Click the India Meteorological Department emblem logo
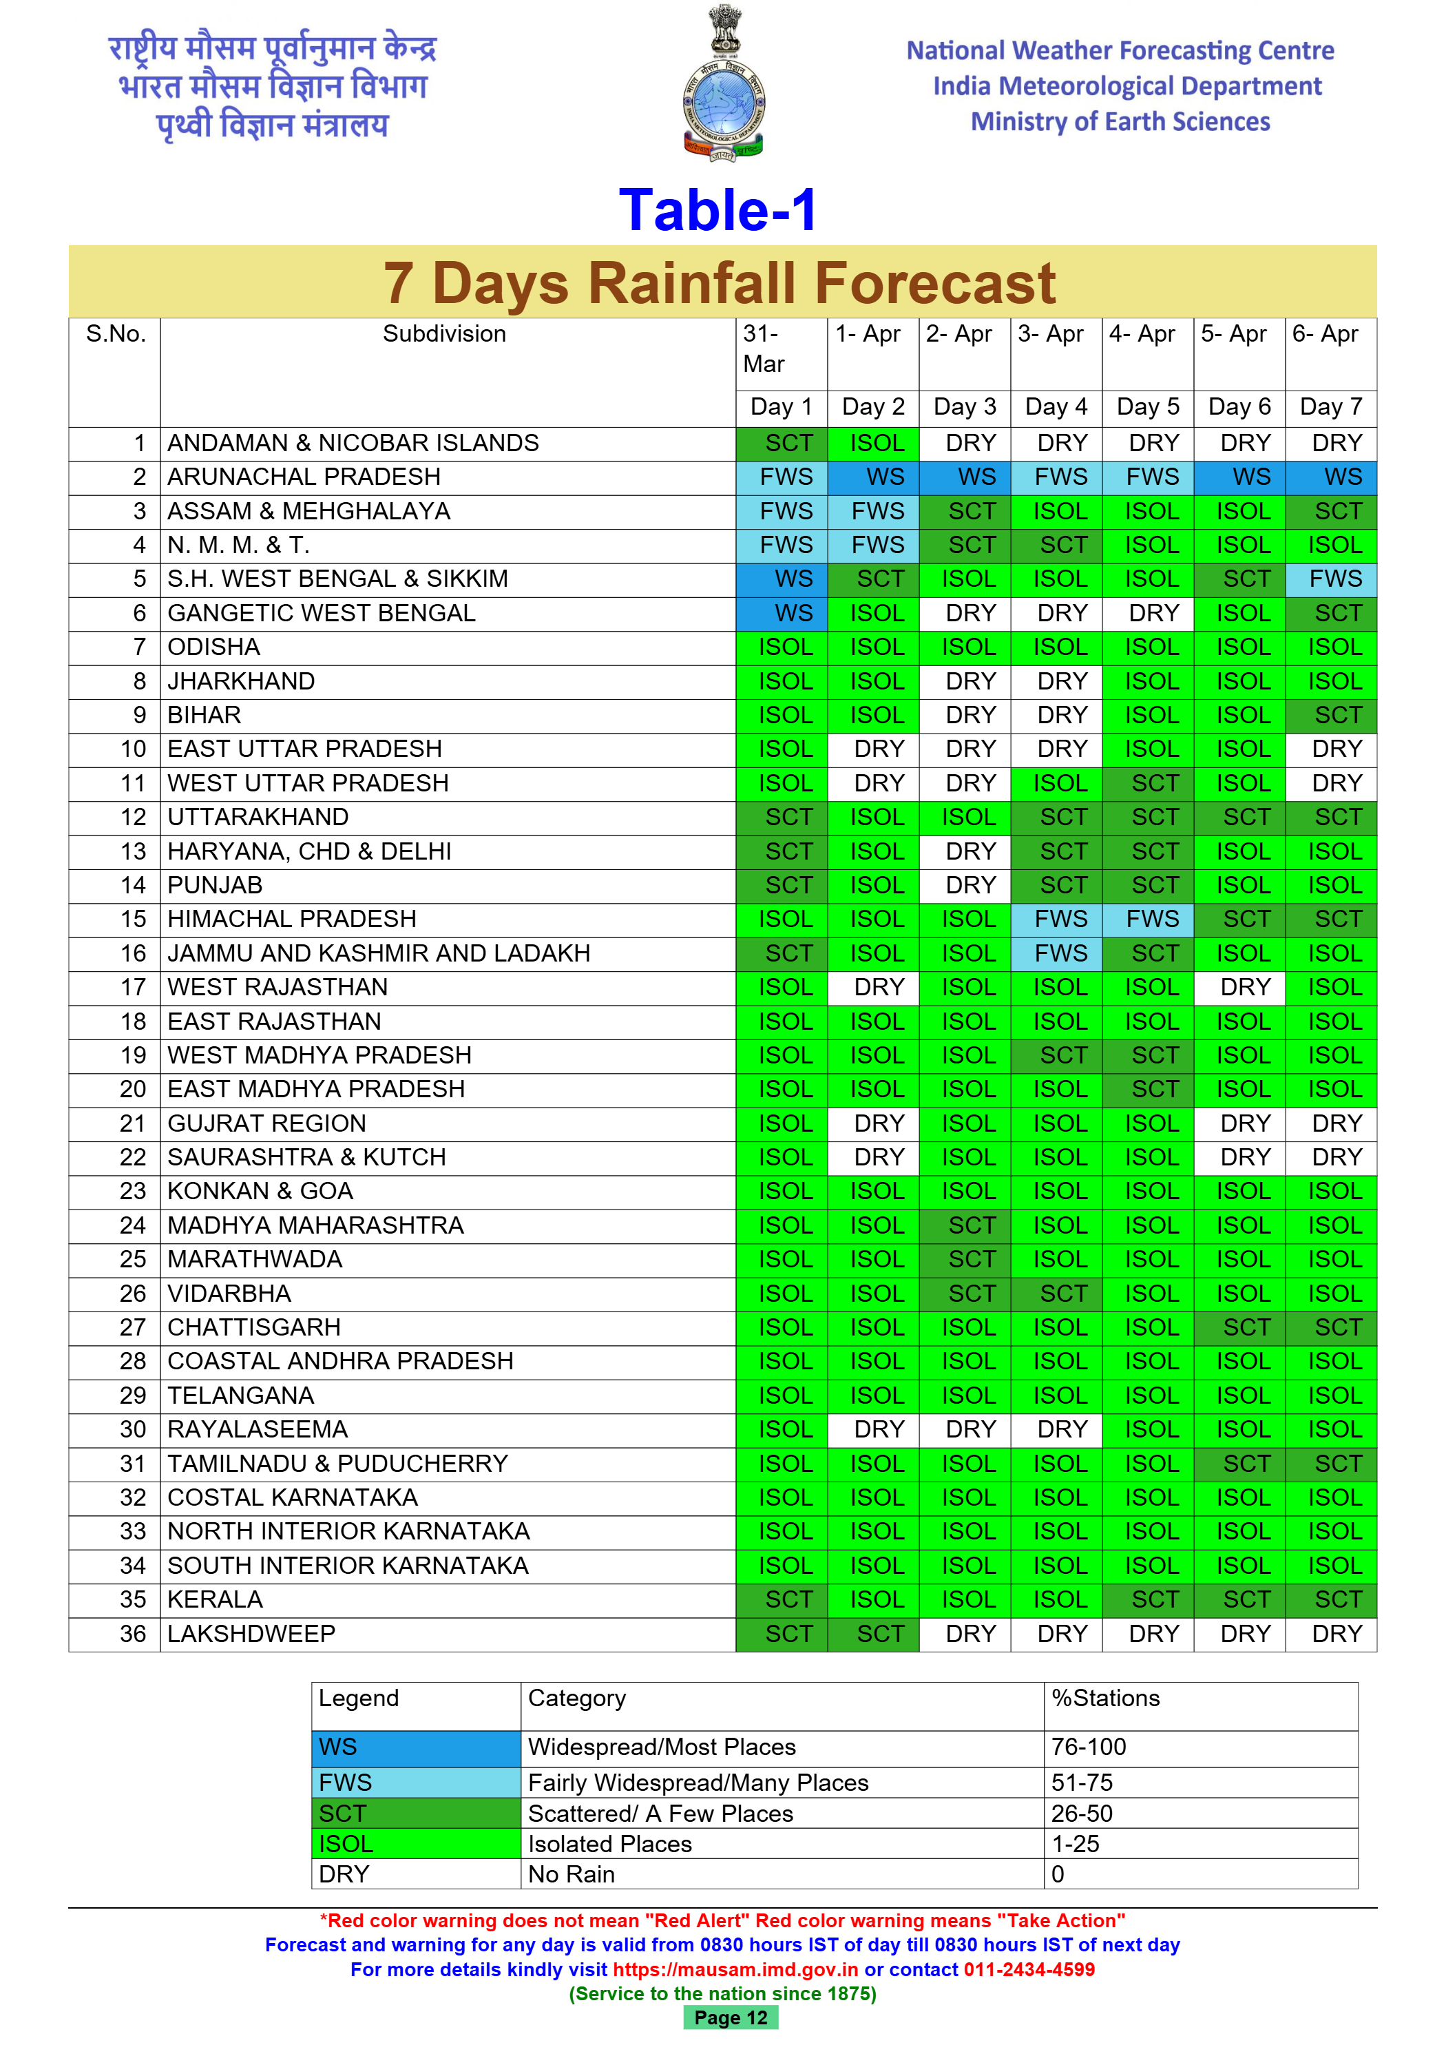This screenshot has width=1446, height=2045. (x=723, y=85)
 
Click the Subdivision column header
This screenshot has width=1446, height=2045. (x=444, y=334)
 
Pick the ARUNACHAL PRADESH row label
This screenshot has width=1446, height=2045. (x=304, y=477)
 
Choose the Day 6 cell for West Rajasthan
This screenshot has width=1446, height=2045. (x=1239, y=987)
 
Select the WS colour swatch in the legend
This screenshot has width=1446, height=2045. (x=416, y=1747)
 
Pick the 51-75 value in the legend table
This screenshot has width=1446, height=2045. (x=1082, y=1783)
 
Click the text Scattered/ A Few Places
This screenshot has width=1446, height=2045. (x=660, y=1814)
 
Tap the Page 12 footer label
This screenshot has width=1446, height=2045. (x=730, y=2017)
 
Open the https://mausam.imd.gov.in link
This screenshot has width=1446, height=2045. (x=735, y=1969)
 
